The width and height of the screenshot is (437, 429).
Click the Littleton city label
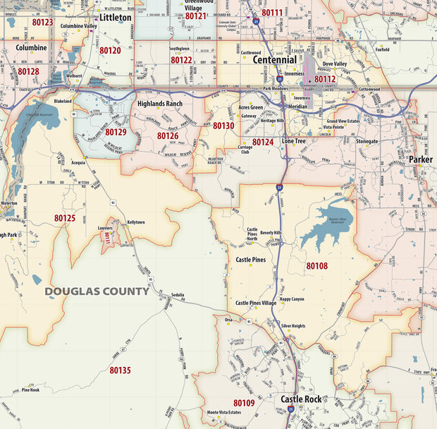point(115,17)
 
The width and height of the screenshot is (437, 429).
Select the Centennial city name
point(276,60)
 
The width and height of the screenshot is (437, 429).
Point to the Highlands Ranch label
point(161,105)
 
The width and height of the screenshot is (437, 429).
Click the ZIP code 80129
point(116,132)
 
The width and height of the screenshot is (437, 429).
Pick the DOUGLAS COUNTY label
point(97,291)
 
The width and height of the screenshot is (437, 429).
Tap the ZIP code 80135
point(120,370)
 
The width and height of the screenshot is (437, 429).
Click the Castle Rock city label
point(301,399)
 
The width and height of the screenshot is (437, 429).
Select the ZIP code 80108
point(316,266)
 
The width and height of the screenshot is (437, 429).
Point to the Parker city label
point(421,160)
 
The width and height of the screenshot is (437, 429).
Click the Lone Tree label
point(294,141)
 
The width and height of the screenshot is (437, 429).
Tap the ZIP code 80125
point(65,218)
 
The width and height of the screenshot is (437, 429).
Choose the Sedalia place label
point(177,295)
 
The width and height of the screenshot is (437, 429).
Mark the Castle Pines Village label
point(256,302)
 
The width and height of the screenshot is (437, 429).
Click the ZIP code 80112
point(325,79)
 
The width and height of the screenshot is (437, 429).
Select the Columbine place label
point(31,48)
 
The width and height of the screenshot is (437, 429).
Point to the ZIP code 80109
point(244,403)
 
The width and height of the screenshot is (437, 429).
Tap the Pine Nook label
point(30,389)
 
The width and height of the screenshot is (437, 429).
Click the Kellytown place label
point(136,222)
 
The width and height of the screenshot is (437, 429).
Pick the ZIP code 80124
point(263,142)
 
